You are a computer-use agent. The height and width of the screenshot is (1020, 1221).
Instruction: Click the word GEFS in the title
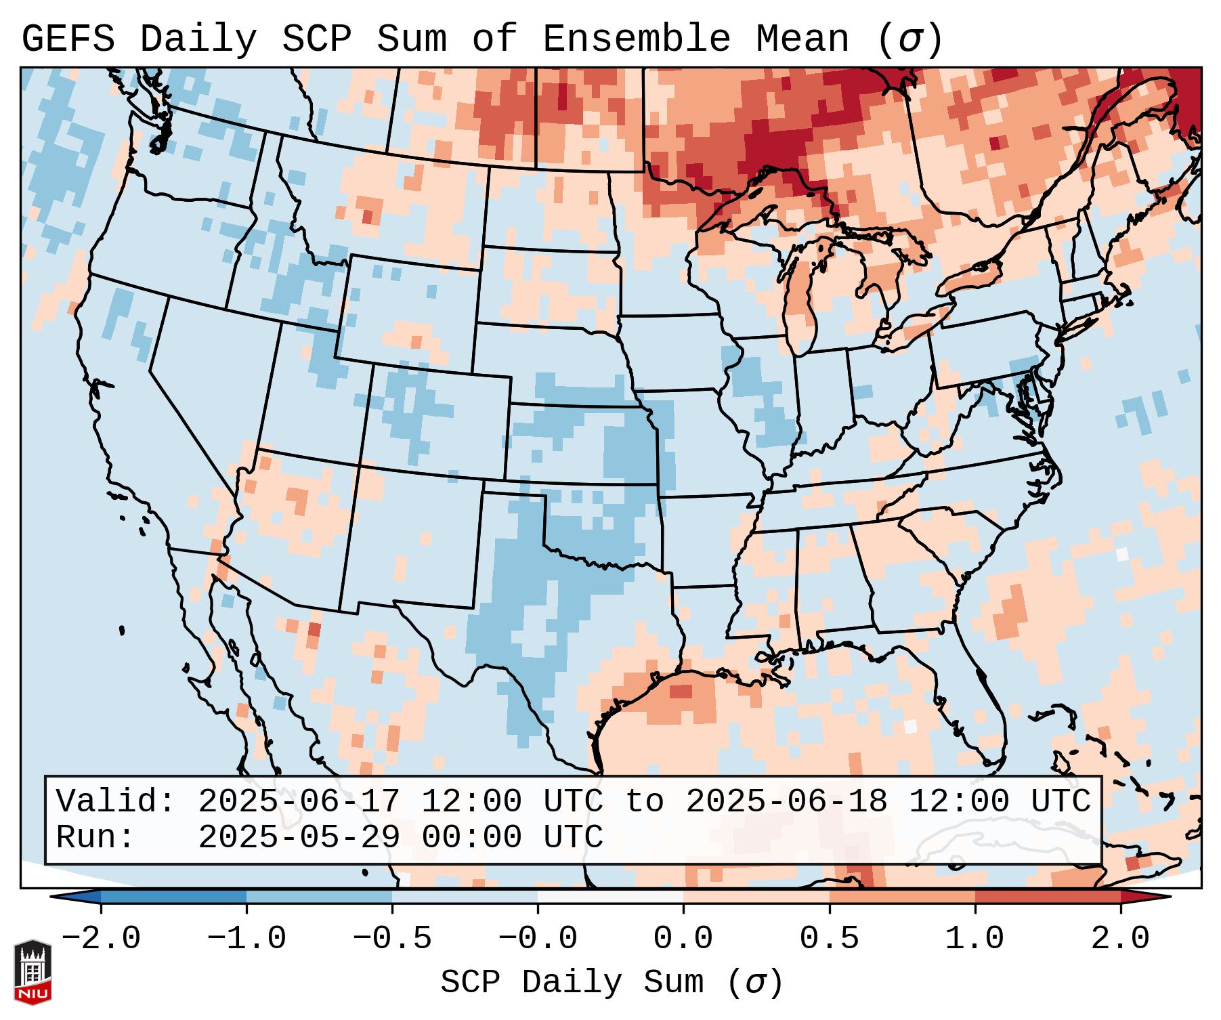(x=68, y=39)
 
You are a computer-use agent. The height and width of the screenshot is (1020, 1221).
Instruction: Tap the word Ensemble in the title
(x=637, y=39)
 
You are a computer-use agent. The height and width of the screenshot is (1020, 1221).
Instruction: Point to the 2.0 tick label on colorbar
(x=1121, y=939)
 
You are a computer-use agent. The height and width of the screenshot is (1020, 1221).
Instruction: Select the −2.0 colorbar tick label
(x=101, y=939)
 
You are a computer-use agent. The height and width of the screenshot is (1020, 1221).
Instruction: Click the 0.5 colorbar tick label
(x=829, y=939)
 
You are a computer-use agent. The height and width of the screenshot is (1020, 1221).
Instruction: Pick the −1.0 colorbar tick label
(x=247, y=939)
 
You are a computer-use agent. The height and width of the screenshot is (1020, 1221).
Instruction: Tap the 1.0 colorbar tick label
(x=974, y=939)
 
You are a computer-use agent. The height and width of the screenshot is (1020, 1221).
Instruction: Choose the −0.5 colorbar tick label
(x=392, y=939)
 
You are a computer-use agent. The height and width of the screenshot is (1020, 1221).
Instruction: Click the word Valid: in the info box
(x=116, y=801)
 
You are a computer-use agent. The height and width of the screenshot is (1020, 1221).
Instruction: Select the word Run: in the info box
(x=95, y=837)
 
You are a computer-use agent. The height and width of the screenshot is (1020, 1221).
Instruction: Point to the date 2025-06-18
(x=786, y=801)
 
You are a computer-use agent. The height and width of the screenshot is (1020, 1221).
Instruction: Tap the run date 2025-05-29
(x=299, y=837)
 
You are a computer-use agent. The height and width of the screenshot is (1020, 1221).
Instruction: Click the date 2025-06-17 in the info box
(x=299, y=801)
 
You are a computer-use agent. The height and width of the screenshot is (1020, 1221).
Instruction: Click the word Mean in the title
(x=802, y=39)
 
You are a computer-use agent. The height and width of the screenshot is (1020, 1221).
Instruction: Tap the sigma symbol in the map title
(x=909, y=39)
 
